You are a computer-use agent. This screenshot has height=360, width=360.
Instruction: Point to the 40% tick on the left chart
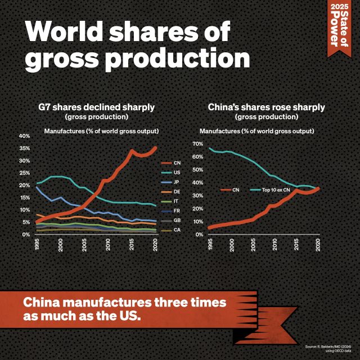click(x=24, y=136)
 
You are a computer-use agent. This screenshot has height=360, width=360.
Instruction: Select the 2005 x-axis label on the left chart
click(x=84, y=245)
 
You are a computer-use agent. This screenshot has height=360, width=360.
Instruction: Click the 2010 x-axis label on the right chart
click(x=275, y=244)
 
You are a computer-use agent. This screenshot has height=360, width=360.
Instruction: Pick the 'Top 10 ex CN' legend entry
click(x=276, y=190)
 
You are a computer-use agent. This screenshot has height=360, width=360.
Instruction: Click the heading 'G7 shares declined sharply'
click(x=96, y=107)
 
